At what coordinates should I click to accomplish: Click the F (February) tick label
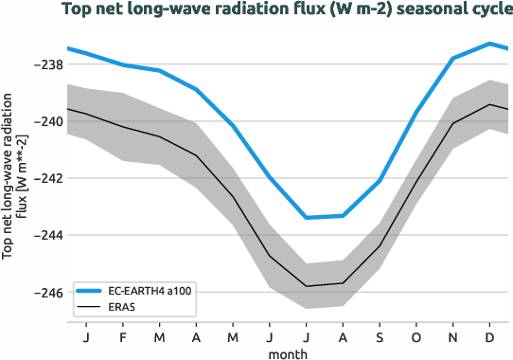click(123, 336)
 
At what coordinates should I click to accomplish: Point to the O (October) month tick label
click(416, 336)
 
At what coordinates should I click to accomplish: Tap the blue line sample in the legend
click(93, 291)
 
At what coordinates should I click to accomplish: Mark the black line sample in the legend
click(93, 307)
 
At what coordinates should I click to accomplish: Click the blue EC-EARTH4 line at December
click(489, 44)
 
